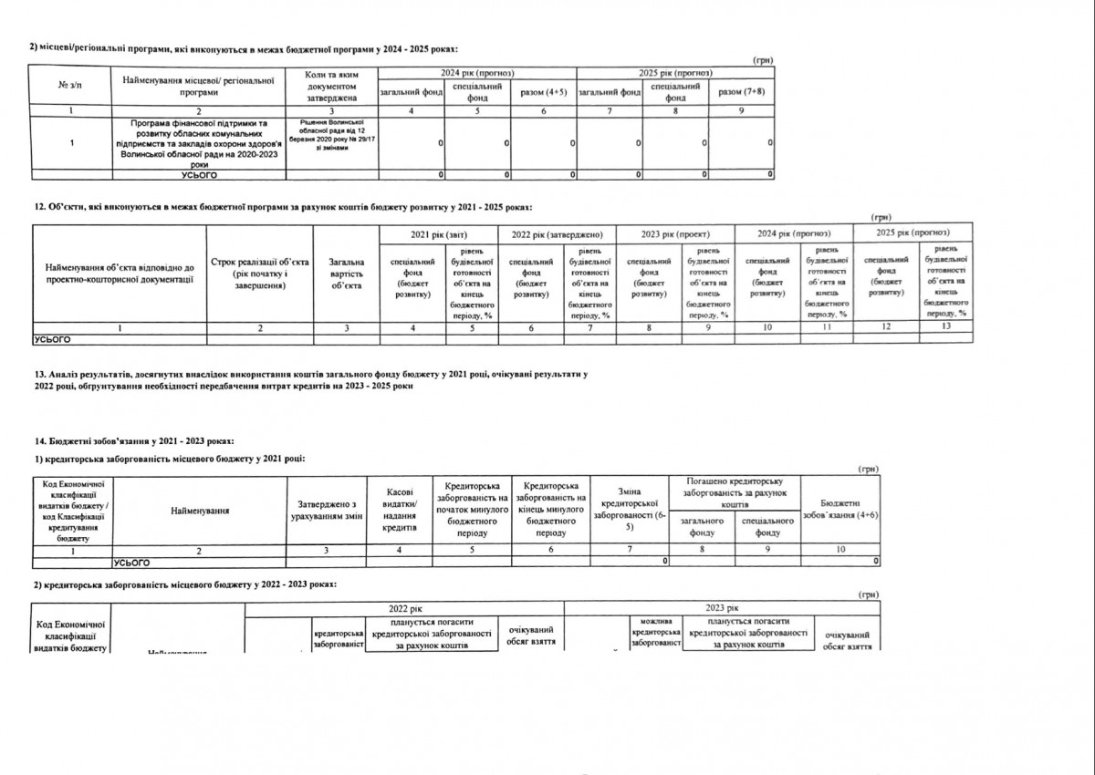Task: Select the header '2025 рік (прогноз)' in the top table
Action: (x=676, y=71)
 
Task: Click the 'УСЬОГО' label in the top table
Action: (x=199, y=173)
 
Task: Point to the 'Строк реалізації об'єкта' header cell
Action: (x=261, y=274)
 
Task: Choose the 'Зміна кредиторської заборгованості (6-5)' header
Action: (x=630, y=509)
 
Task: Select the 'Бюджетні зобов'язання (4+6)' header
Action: (x=839, y=509)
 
